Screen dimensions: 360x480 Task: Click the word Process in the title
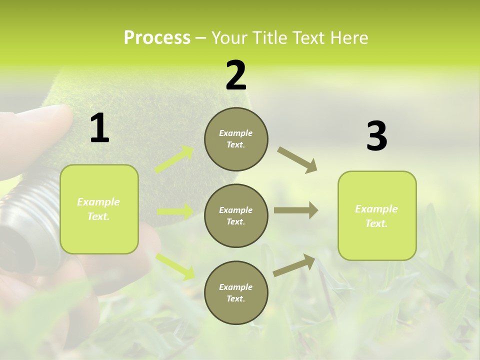(157, 38)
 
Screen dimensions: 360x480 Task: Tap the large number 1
(99, 129)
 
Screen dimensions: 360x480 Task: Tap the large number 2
(236, 75)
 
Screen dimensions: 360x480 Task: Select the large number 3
(376, 136)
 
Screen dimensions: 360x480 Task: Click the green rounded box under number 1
(99, 209)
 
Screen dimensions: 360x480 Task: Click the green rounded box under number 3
(377, 215)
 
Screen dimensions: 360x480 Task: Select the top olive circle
(236, 139)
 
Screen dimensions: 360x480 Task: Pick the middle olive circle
(236, 215)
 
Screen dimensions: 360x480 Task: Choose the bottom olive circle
(236, 292)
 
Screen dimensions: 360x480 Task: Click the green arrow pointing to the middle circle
(175, 211)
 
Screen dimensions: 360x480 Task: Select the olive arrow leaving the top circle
(297, 159)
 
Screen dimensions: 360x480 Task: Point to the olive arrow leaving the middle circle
(295, 210)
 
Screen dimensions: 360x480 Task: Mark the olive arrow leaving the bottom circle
(294, 265)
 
